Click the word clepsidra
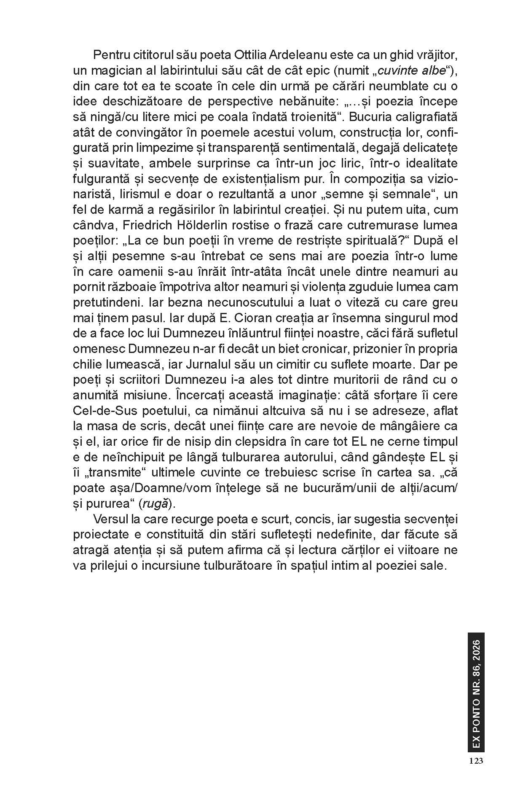(264, 442)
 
